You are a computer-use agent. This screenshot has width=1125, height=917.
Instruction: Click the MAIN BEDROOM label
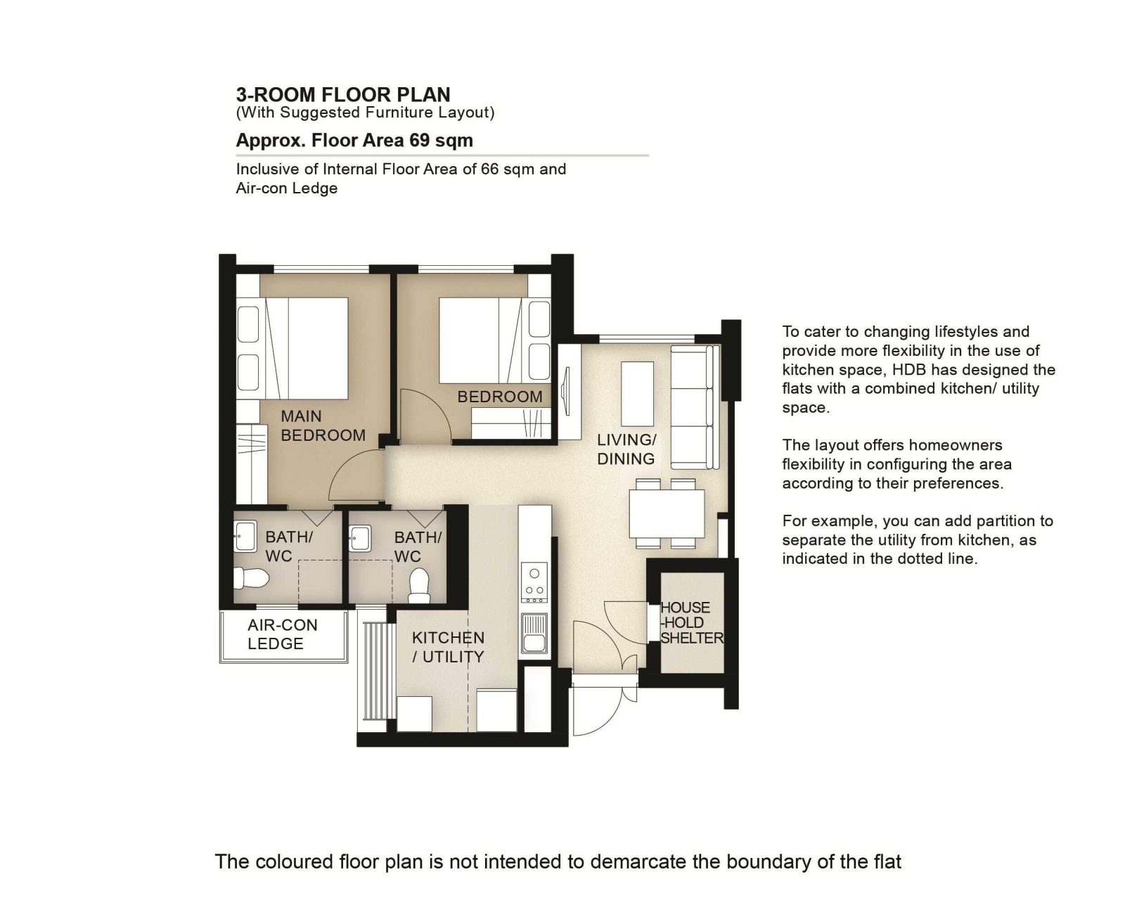click(323, 425)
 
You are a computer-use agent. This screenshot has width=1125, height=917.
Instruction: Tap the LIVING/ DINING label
click(626, 449)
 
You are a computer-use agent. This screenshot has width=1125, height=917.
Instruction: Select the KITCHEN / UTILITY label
click(448, 647)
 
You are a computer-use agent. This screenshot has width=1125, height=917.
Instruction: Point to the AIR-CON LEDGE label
click(283, 634)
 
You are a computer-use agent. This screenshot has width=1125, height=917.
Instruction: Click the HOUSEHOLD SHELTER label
click(691, 623)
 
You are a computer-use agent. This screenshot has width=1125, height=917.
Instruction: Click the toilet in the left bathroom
click(251, 578)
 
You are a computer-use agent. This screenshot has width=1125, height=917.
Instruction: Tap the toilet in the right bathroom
click(420, 586)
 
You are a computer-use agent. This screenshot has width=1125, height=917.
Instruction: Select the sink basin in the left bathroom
click(245, 536)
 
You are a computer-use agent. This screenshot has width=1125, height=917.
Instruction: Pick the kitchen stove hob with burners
click(534, 582)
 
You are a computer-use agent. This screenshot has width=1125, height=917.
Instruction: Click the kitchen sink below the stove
click(534, 634)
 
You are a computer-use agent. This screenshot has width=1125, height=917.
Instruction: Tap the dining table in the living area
click(667, 513)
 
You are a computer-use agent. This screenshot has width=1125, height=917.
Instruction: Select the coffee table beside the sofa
click(638, 394)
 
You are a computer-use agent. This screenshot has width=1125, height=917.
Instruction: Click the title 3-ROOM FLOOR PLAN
click(343, 94)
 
